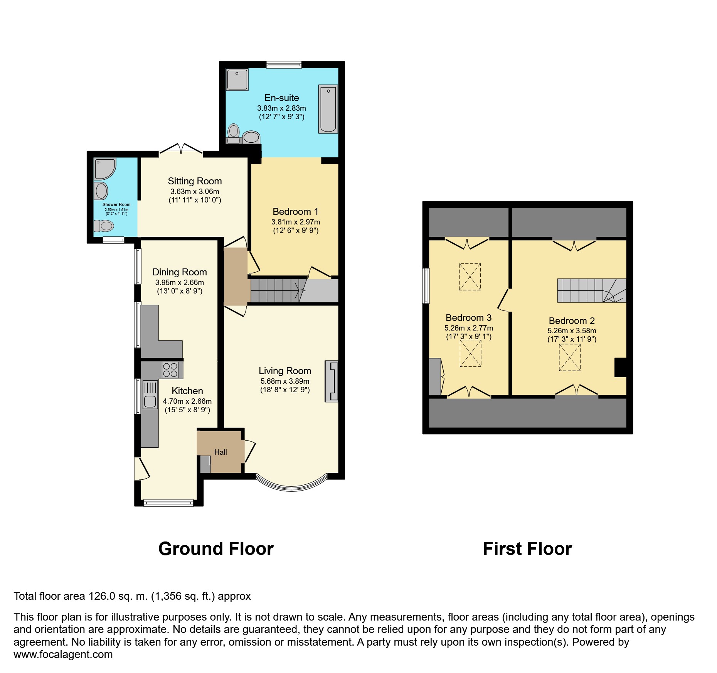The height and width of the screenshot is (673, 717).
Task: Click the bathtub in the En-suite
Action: point(328,109)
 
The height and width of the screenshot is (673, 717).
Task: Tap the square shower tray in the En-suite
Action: point(237,79)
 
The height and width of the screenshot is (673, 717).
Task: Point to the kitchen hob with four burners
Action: point(170,370)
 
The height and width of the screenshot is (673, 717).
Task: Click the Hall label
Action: point(220,452)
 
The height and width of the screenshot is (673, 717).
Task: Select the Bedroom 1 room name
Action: point(295,211)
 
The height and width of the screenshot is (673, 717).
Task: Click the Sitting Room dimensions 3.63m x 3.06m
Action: point(195,192)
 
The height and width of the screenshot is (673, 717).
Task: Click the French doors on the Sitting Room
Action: point(181,150)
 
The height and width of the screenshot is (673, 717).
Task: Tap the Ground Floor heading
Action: point(216,549)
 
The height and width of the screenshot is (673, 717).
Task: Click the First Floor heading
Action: point(527,549)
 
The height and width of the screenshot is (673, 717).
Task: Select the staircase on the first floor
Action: point(591,290)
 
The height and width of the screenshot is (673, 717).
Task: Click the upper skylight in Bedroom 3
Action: point(470,277)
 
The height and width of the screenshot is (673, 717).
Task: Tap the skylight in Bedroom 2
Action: point(569,357)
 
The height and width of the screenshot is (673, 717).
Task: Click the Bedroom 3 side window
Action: point(426,285)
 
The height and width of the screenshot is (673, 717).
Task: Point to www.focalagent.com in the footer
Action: point(63,654)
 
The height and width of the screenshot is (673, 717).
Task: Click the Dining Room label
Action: point(180,272)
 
